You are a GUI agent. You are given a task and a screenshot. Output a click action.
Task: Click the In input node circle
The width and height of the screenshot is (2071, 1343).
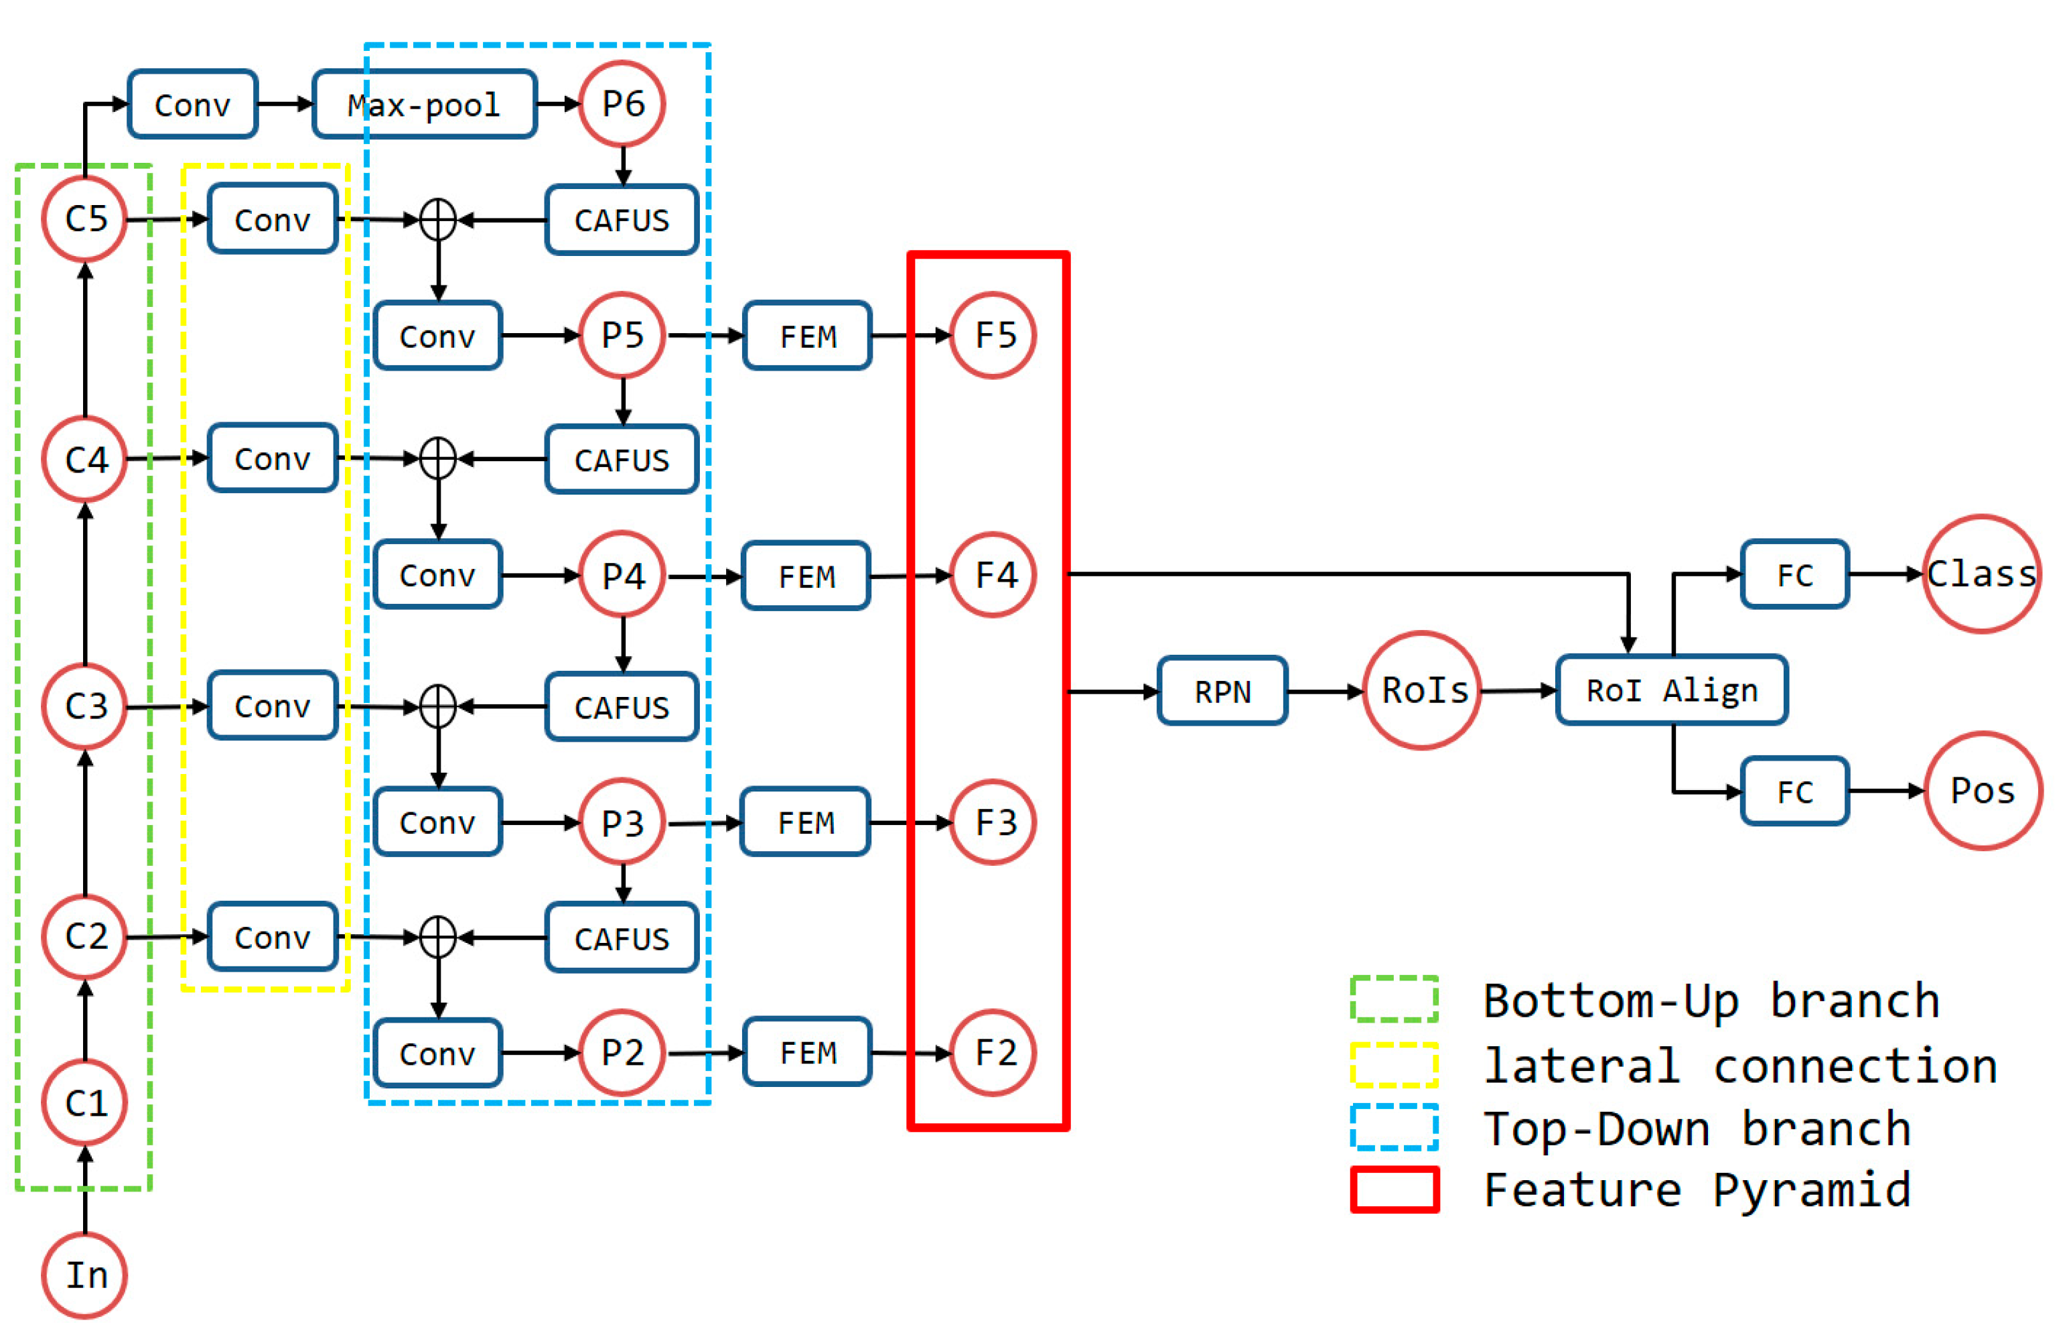(x=84, y=1275)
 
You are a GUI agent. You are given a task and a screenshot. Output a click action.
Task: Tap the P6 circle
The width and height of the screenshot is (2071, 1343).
(x=622, y=105)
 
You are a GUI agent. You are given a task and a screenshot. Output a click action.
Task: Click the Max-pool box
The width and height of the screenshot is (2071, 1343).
(x=424, y=105)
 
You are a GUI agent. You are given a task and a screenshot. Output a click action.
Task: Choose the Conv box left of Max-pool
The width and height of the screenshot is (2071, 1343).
(x=192, y=105)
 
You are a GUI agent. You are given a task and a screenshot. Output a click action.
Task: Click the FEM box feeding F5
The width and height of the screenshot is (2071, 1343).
(x=808, y=336)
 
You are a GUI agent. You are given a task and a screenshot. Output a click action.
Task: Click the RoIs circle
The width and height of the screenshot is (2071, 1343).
(x=1422, y=690)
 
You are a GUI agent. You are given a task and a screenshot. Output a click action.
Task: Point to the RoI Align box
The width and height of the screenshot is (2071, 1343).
(x=1670, y=690)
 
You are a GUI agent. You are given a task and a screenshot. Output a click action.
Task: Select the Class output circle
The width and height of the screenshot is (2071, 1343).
(x=1981, y=574)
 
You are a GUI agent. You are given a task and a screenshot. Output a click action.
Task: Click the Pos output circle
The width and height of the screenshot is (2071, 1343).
(x=1981, y=790)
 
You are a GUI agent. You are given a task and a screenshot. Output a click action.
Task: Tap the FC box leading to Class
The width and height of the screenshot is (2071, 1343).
(x=1794, y=574)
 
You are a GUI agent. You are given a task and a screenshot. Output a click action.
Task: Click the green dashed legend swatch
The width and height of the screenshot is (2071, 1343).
(x=1393, y=999)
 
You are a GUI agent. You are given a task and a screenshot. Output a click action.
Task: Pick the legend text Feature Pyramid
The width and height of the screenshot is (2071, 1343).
(x=1697, y=1190)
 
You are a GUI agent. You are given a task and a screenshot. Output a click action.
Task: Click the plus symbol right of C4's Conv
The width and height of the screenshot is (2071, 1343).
(x=437, y=458)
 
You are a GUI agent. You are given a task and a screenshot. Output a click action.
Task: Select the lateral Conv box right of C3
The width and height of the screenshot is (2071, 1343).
(x=273, y=705)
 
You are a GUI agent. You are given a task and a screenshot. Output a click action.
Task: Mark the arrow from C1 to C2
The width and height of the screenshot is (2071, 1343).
(x=84, y=1019)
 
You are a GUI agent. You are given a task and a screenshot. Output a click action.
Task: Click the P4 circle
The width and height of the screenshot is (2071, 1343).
(x=622, y=574)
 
